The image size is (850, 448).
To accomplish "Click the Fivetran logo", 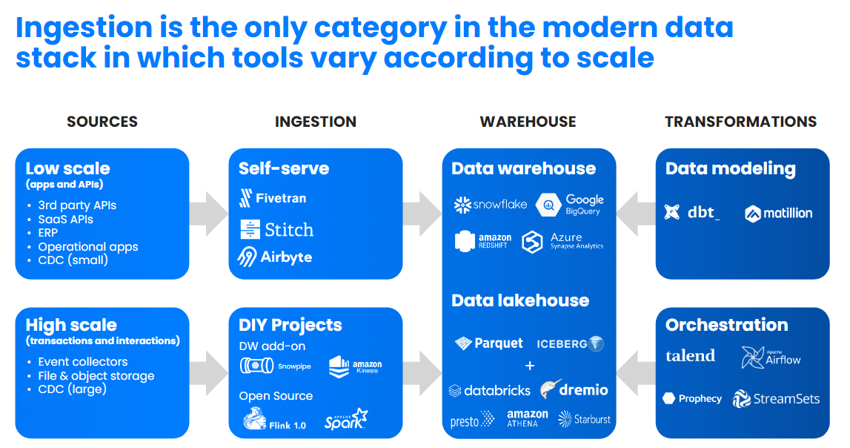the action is click(x=273, y=199).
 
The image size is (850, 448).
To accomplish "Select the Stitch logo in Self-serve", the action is click(x=276, y=229).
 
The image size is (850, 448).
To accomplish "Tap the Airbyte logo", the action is click(x=275, y=257).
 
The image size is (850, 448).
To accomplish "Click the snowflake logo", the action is click(x=490, y=205).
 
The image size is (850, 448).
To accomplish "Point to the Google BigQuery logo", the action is click(x=570, y=205).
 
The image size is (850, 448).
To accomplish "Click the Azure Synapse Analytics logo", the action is click(x=562, y=241).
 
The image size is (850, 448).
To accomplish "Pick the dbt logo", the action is click(x=692, y=212).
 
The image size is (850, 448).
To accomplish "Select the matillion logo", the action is click(x=778, y=214).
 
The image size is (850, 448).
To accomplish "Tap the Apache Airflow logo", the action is click(x=771, y=358).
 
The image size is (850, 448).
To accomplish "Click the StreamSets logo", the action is click(x=776, y=399).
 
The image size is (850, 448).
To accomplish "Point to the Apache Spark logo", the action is click(x=346, y=419).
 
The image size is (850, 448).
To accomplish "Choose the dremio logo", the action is click(x=574, y=389).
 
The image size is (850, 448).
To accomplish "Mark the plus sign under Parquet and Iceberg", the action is click(x=530, y=366).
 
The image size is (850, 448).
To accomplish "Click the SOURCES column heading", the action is click(x=102, y=122).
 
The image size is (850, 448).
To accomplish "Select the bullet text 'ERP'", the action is click(x=47, y=233).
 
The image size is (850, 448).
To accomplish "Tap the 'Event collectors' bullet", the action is click(x=83, y=362).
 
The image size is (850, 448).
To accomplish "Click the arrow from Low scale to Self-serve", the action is click(x=209, y=214).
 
